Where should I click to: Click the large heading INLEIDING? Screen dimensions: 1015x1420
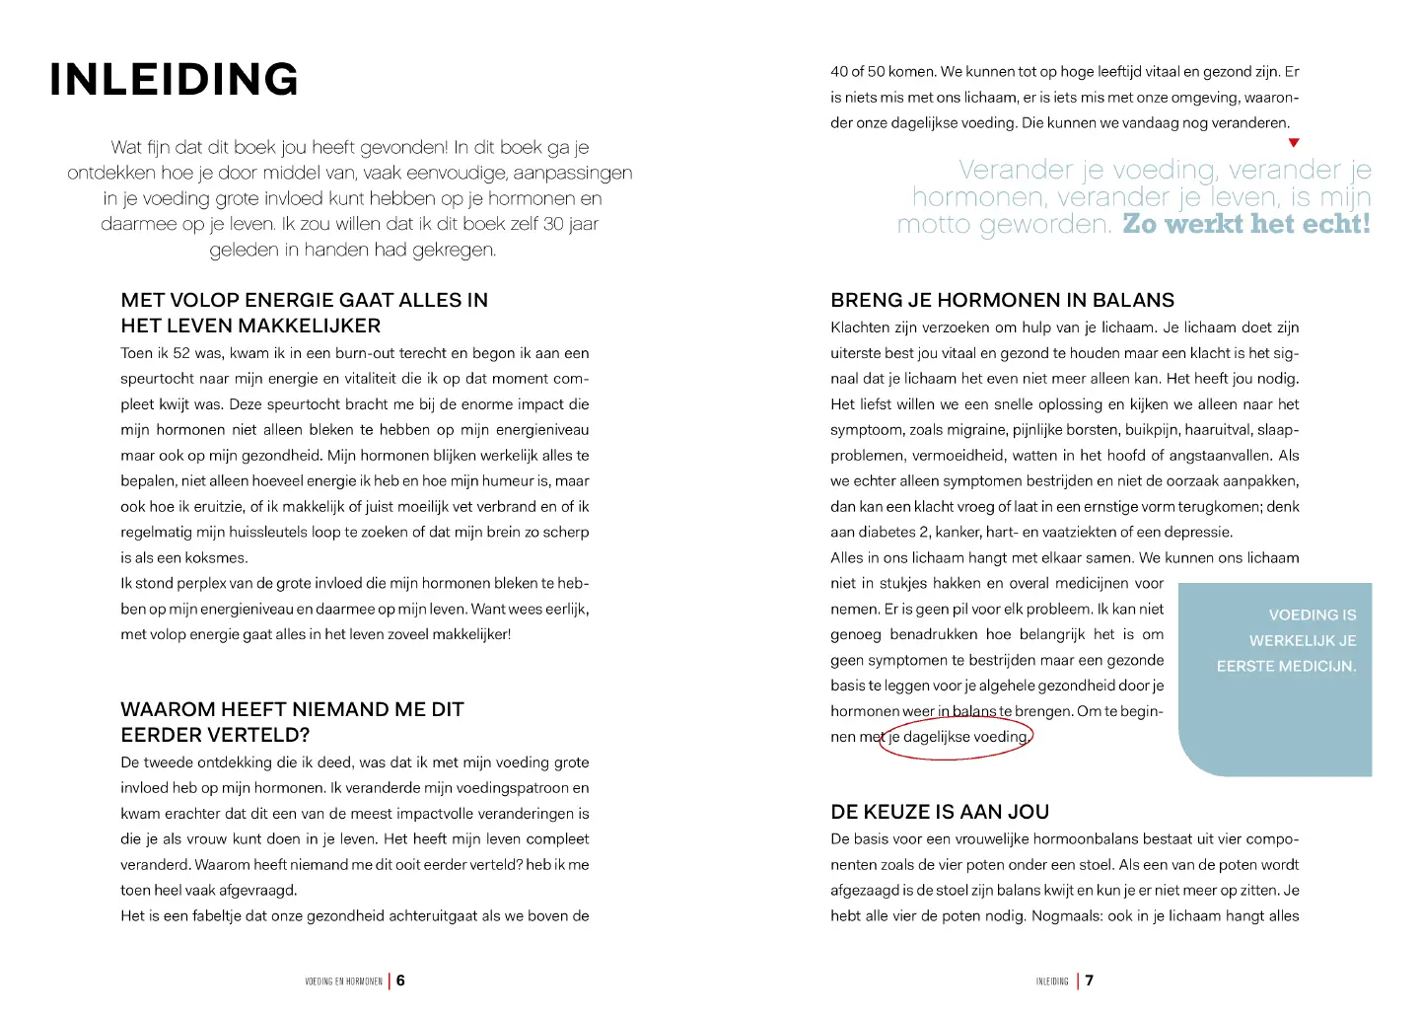pyautogui.click(x=174, y=80)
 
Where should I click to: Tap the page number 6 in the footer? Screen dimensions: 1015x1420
pyautogui.click(x=400, y=980)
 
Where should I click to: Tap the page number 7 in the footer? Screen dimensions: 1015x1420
pyautogui.click(x=1090, y=980)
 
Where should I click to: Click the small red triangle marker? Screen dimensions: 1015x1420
pyautogui.click(x=1294, y=143)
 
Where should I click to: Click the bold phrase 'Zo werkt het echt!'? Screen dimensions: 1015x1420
pyautogui.click(x=1246, y=224)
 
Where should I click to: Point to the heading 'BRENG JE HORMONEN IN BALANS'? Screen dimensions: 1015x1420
pyautogui.click(x=1002, y=300)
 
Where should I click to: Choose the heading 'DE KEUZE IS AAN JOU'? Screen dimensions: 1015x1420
pyautogui.click(x=940, y=812)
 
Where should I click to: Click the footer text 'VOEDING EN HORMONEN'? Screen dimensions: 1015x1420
pyautogui.click(x=343, y=981)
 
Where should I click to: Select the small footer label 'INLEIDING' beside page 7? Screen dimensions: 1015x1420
pyautogui.click(x=1052, y=981)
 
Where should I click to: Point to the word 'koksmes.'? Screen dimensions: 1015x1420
pyautogui.click(x=216, y=557)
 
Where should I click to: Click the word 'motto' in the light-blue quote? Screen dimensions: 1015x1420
pyautogui.click(x=934, y=224)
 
